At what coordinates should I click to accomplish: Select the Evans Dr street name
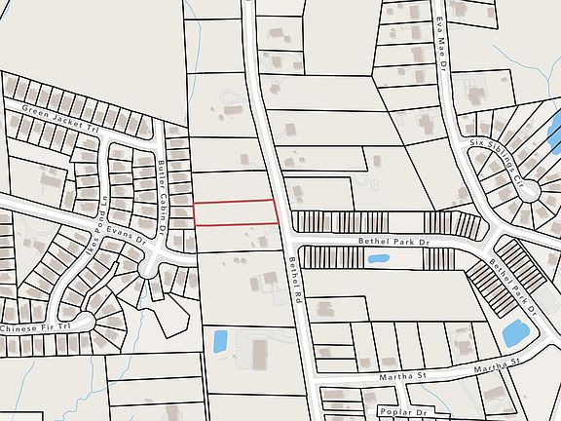point(131,234)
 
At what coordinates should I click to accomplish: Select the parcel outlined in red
point(236,212)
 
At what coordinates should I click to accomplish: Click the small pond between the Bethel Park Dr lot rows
point(378,259)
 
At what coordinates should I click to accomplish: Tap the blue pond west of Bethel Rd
point(220,341)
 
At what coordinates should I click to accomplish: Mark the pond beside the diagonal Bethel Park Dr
point(514,331)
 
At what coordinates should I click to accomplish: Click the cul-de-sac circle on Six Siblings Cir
point(531,191)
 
